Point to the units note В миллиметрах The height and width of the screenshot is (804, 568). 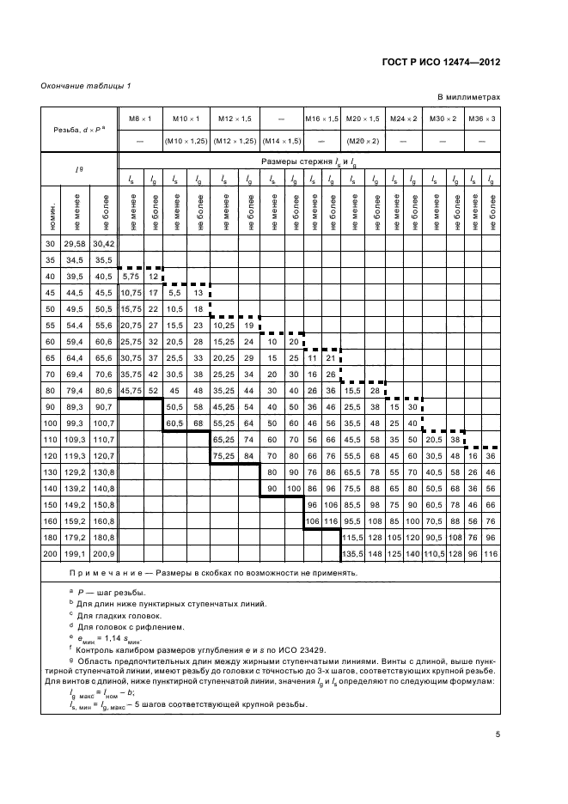point(470,97)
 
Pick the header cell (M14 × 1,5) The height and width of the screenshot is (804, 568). point(281,140)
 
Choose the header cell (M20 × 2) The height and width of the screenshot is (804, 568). point(363,140)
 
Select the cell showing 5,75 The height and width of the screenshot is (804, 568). point(131,276)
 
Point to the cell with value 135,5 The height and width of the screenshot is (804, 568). point(353,554)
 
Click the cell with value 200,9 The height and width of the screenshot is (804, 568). point(106,554)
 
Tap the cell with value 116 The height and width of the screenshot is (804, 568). point(490,554)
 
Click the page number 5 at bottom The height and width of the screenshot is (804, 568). point(497,734)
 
